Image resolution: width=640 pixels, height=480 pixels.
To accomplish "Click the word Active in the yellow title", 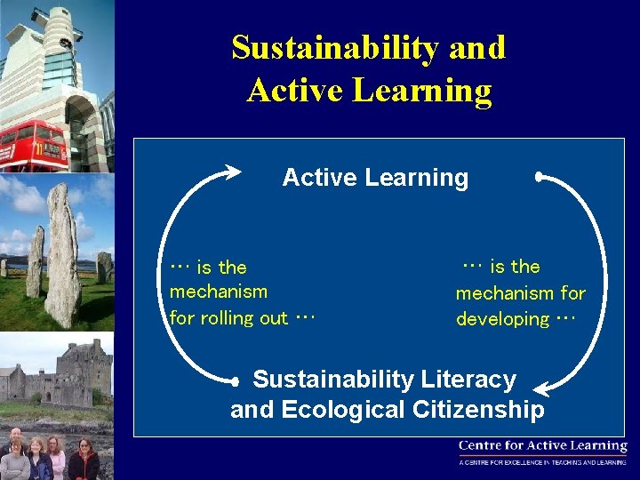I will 292,90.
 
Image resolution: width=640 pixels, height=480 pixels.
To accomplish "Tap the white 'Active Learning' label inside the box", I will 375,178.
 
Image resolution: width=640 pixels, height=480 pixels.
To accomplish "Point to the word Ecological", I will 342,410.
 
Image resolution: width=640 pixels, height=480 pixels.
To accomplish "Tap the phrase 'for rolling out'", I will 228,318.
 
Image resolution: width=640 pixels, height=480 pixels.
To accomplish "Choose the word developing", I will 503,319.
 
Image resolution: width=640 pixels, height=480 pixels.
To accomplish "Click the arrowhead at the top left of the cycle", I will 234,170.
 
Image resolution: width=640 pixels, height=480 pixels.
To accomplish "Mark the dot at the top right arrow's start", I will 540,176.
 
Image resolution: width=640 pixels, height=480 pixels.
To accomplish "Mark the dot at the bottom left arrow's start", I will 235,381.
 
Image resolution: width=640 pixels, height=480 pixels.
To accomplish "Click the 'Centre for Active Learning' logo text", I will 542,446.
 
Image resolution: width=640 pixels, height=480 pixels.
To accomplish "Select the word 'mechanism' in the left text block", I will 218,292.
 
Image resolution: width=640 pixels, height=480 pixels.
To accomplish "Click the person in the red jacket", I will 84,462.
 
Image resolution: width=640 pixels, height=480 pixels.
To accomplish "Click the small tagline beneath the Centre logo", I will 542,462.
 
